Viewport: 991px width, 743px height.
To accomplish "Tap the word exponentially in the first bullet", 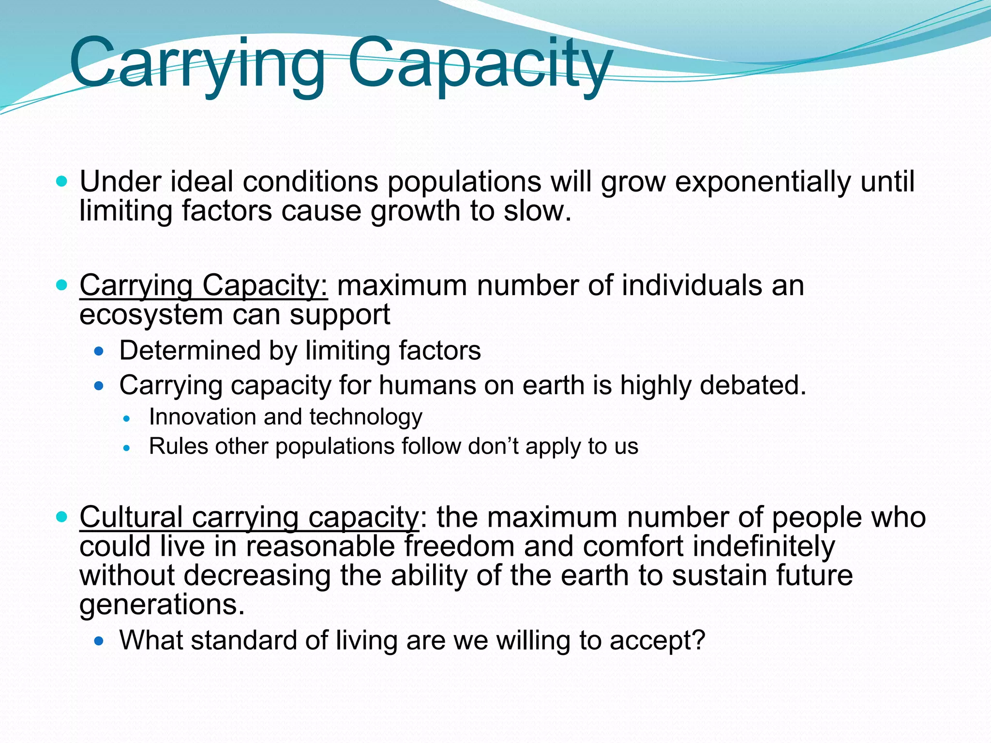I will pos(762,182).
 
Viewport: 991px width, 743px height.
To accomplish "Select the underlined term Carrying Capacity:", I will pos(204,285).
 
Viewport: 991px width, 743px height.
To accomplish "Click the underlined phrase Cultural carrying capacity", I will pos(249,517).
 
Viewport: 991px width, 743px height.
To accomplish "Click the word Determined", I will pos(190,350).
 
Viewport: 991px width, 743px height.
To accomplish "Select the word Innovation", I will pos(202,417).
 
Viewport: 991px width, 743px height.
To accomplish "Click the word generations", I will pos(162,605).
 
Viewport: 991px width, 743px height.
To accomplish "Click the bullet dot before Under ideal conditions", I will pos(61,182).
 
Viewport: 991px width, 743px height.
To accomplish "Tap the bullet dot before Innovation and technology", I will pos(127,419).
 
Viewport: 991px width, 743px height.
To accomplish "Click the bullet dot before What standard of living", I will pos(99,641).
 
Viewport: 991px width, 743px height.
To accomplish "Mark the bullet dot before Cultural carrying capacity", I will pos(61,517).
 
